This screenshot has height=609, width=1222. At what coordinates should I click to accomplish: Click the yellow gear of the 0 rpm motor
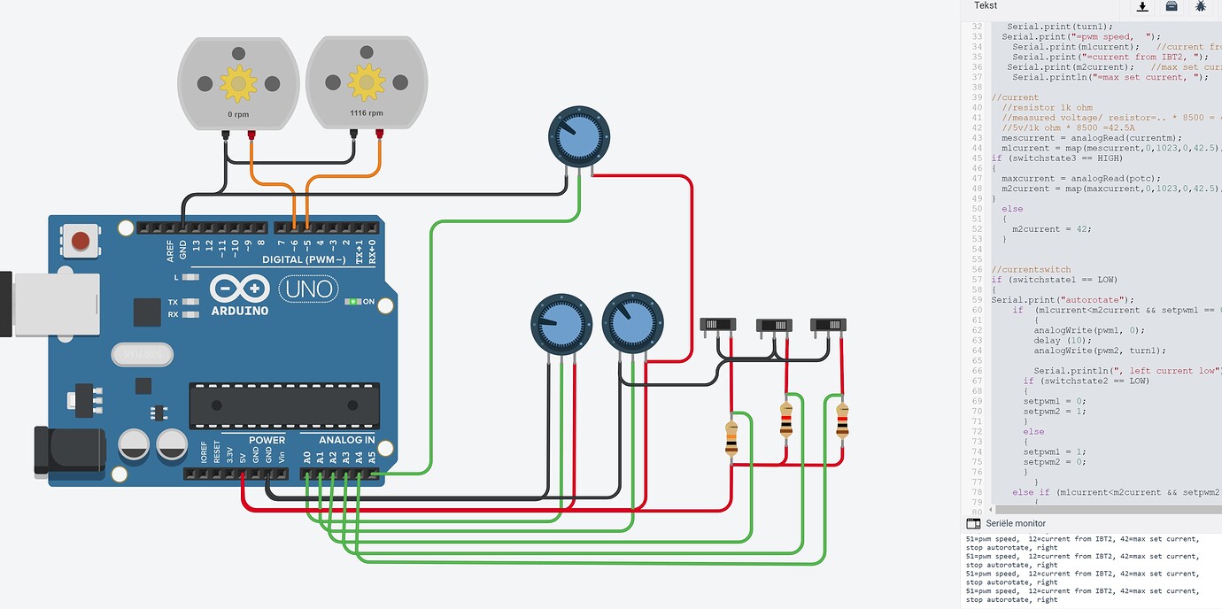[x=238, y=82]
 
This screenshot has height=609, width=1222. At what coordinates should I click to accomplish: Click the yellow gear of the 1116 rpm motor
[x=366, y=82]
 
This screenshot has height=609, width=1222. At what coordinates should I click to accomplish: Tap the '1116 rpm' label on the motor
[x=366, y=113]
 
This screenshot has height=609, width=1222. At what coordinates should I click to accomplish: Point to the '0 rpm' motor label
[x=238, y=113]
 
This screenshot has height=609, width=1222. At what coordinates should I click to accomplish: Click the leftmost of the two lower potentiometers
[x=561, y=325]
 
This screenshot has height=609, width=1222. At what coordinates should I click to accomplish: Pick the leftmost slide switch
[x=719, y=325]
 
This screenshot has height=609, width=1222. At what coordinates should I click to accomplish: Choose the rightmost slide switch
[x=828, y=325]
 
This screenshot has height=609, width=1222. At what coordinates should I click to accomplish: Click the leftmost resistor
[x=731, y=438]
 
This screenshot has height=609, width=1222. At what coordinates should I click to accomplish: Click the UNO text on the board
[x=308, y=289]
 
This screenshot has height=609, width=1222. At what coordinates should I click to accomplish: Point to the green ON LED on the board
[x=353, y=302]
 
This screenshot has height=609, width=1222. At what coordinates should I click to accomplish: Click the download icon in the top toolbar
[x=1142, y=7]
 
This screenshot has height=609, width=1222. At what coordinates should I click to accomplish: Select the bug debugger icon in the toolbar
[x=1200, y=7]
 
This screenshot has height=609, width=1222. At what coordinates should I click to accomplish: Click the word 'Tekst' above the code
[x=986, y=6]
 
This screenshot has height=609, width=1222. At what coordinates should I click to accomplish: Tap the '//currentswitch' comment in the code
[x=1031, y=269]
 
